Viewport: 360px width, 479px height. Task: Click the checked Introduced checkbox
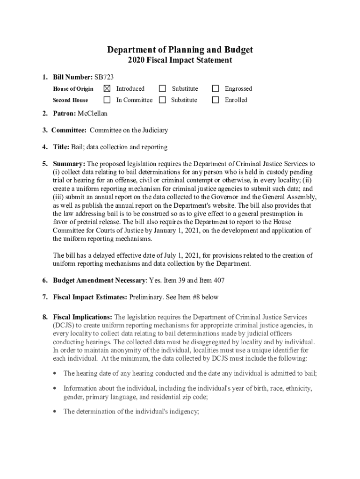pos(107,88)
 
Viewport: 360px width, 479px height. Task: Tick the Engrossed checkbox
pos(216,88)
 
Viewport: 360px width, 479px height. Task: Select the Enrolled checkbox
pos(216,100)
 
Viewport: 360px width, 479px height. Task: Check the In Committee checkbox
pos(107,100)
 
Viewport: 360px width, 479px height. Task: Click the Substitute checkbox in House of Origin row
pos(162,88)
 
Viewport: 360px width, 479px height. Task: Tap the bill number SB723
pos(104,77)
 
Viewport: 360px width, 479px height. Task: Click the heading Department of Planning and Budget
pos(180,50)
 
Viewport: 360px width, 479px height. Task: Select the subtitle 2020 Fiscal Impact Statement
pos(180,60)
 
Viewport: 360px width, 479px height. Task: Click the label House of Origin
pos(73,89)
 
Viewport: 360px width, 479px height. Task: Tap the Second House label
pos(70,100)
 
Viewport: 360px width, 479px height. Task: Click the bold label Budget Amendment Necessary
pos(100,280)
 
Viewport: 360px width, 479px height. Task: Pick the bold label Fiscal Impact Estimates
pos(90,297)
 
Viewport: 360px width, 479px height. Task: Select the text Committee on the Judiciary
pos(129,131)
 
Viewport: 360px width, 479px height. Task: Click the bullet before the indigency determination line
pos(56,412)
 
